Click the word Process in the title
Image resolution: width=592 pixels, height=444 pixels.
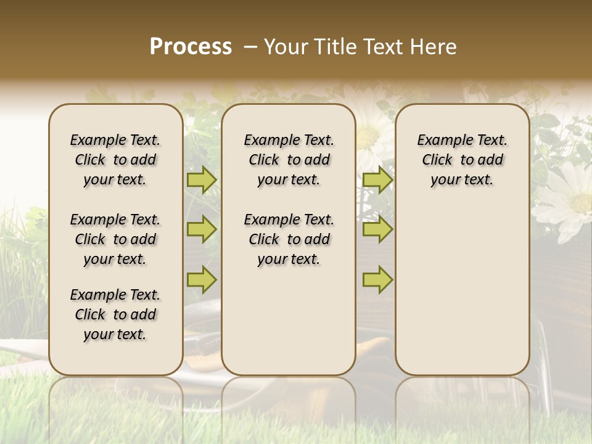click(x=191, y=47)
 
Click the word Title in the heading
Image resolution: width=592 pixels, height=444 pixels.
click(x=332, y=47)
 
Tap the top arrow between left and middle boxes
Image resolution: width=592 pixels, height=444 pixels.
click(x=202, y=180)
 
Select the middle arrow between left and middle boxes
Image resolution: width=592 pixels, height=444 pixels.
click(x=202, y=229)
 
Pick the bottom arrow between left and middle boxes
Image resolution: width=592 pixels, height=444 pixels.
click(x=202, y=279)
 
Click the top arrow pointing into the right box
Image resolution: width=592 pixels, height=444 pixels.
click(x=377, y=180)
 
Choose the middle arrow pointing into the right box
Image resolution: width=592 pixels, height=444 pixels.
click(x=377, y=229)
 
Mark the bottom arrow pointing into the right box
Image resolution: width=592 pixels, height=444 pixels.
click(x=377, y=279)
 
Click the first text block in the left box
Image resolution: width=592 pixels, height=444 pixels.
click(x=115, y=160)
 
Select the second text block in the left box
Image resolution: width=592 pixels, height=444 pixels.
click(x=115, y=239)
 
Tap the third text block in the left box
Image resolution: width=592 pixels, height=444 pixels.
click(x=115, y=314)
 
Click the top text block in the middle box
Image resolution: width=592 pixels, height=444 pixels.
click(x=289, y=160)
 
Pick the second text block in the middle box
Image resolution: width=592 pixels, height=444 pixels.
click(x=289, y=239)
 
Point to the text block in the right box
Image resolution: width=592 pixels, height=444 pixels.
click(x=462, y=160)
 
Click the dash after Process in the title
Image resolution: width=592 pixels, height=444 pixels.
click(x=249, y=47)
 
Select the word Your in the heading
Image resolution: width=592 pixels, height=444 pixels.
click(x=287, y=47)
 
